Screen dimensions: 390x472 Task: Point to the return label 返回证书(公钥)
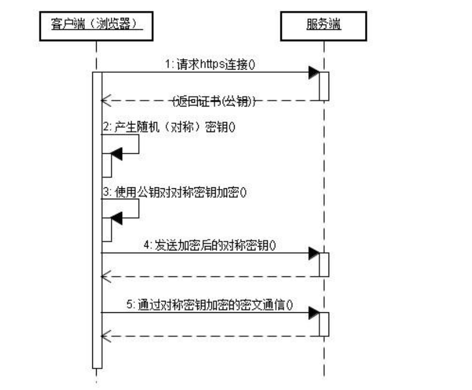[214, 100]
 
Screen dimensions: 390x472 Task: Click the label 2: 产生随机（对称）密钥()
[168, 128]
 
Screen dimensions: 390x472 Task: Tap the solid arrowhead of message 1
[313, 72]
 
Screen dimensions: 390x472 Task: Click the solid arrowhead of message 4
[313, 253]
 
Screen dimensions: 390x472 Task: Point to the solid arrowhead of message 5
[313, 312]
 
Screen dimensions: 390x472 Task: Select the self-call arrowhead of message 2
[116, 155]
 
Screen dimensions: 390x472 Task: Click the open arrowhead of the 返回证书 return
[106, 100]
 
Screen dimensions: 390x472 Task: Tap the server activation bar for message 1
[324, 86]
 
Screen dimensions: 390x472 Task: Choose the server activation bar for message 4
[324, 265]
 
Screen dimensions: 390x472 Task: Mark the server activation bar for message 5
[324, 324]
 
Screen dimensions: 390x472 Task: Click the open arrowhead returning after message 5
[106, 336]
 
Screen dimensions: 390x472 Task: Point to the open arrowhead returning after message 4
[106, 276]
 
